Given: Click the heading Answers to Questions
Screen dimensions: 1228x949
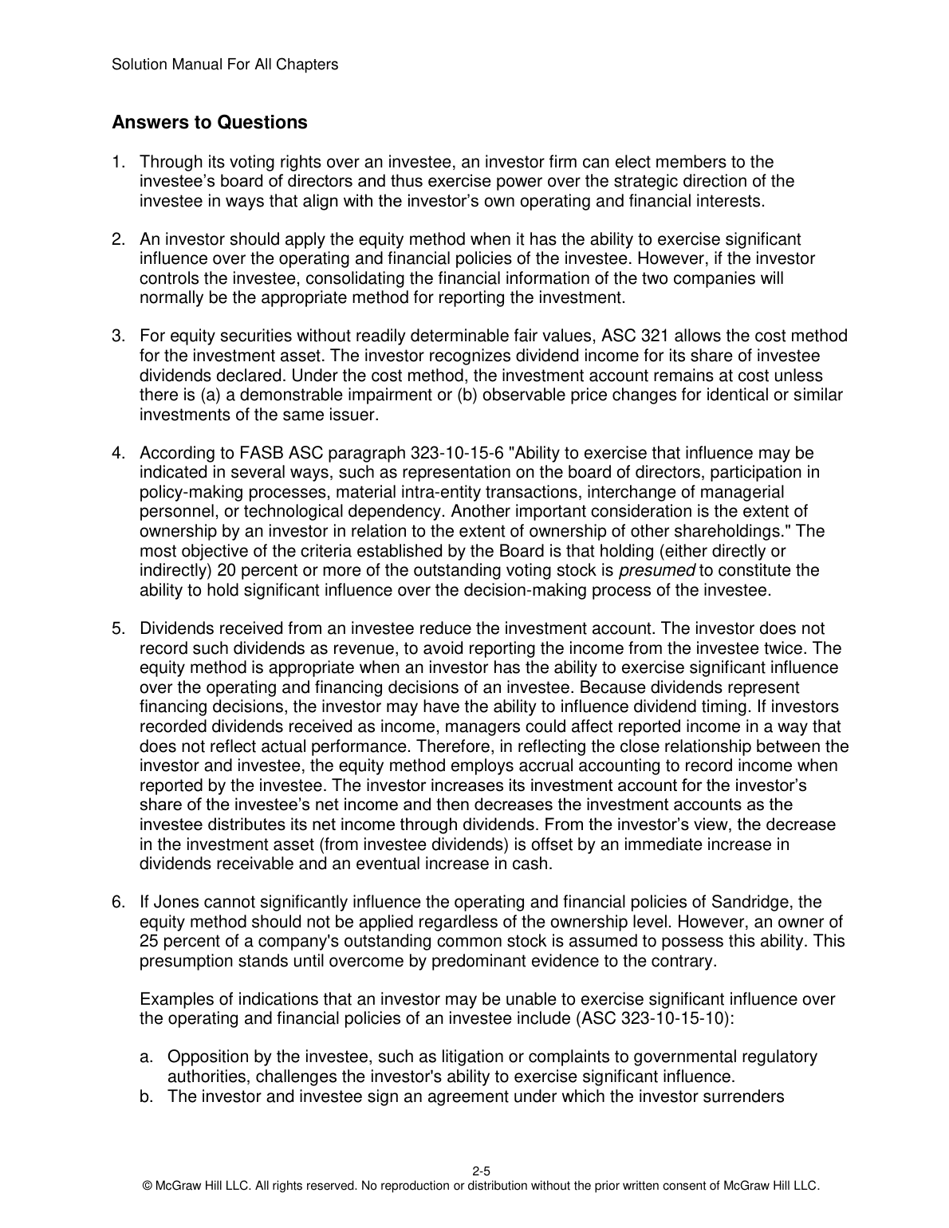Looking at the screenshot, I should tap(209, 123).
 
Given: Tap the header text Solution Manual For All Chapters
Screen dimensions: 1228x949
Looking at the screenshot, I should tap(225, 65).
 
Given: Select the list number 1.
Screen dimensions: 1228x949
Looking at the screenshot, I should tap(117, 163).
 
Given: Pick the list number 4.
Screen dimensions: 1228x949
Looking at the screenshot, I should tap(117, 454).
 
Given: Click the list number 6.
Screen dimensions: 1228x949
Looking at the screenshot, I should tap(117, 903).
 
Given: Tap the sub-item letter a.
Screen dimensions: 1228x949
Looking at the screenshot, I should tap(145, 1057).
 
